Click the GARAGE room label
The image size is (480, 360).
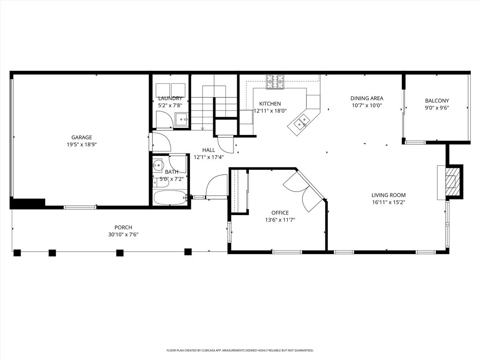[x=82, y=137]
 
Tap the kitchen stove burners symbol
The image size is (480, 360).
[x=275, y=82]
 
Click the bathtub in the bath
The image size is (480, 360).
[x=170, y=198]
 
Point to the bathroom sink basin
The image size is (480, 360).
[x=158, y=165]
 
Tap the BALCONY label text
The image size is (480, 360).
[x=437, y=101]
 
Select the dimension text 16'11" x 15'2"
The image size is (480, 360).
[x=389, y=202]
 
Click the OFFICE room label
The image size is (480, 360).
[x=280, y=213]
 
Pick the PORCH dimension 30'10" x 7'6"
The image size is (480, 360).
[x=123, y=234]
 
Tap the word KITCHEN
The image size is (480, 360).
[x=270, y=104]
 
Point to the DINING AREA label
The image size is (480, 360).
[x=367, y=98]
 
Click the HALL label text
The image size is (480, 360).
[x=209, y=150]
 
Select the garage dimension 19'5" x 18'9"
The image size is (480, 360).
[x=82, y=144]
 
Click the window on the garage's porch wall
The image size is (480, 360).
[x=80, y=207]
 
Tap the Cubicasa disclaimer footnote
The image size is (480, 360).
[x=240, y=350]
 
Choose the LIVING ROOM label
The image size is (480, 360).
[x=389, y=195]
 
